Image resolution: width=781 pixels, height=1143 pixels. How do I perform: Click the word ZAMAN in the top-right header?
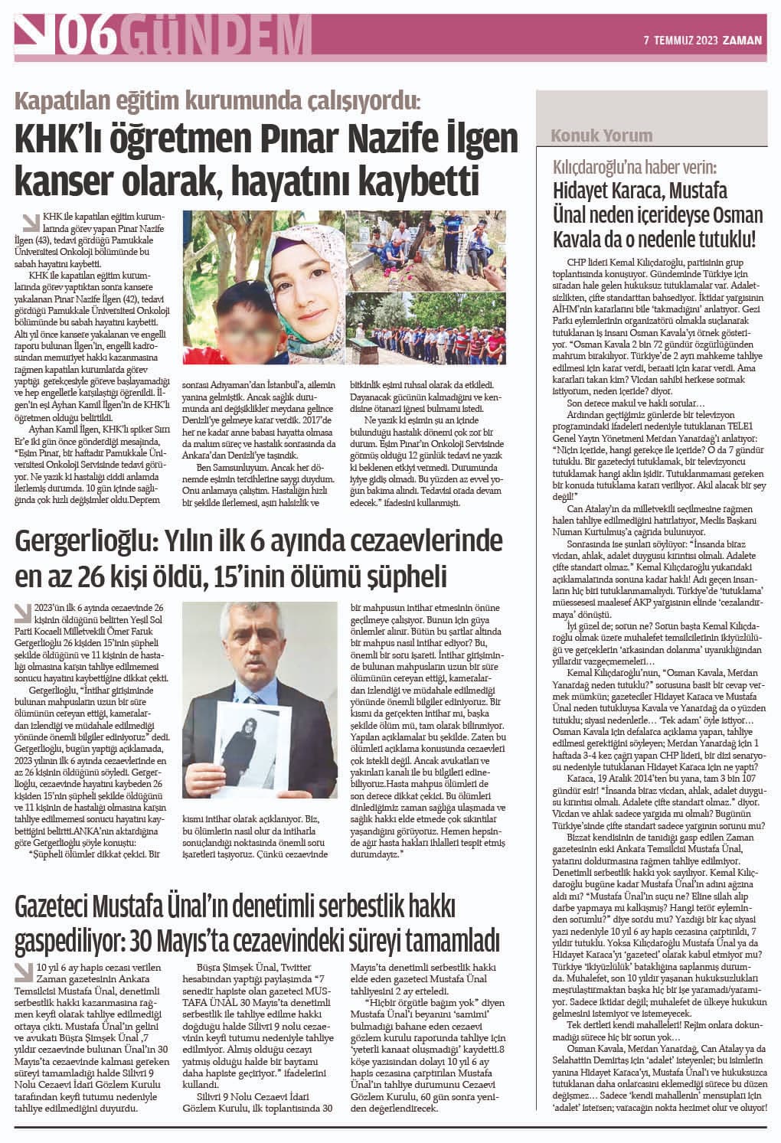point(743,41)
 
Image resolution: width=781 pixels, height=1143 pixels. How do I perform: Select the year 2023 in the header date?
point(703,41)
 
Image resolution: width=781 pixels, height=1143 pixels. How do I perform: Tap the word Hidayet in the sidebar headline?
point(587,191)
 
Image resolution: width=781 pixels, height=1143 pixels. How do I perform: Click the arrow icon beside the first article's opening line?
point(31,223)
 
